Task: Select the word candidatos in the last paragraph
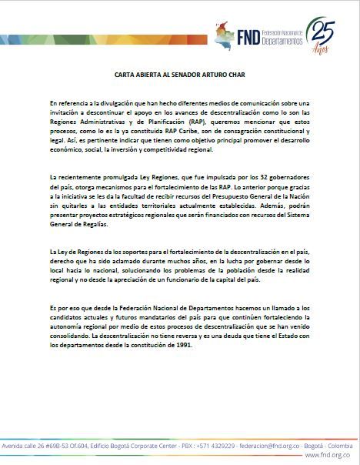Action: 70,317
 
